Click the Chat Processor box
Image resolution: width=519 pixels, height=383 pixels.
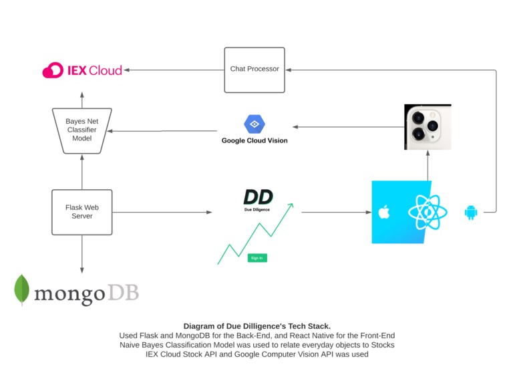point(254,70)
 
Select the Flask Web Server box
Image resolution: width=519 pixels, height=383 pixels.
point(82,212)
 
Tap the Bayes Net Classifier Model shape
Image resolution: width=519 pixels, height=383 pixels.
point(82,130)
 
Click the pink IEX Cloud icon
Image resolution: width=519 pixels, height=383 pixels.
point(53,70)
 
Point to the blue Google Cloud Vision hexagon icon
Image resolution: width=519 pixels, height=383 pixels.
point(254,124)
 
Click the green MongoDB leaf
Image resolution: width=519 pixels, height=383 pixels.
point(22,289)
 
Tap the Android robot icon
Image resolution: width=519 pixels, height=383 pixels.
point(471,213)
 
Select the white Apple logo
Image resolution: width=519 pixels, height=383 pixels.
point(383,213)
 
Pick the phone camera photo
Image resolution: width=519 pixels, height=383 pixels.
point(427,126)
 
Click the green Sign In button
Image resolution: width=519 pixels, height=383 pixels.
point(256,258)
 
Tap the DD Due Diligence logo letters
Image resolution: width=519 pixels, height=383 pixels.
point(258,197)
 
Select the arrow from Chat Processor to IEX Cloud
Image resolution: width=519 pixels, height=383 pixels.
point(174,70)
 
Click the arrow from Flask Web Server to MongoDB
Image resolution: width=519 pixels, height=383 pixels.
point(82,254)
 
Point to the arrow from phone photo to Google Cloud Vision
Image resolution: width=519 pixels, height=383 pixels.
point(347,126)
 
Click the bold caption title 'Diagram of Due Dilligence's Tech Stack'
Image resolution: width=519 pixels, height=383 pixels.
point(256,326)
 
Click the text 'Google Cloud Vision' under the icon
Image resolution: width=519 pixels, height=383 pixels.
point(254,141)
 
